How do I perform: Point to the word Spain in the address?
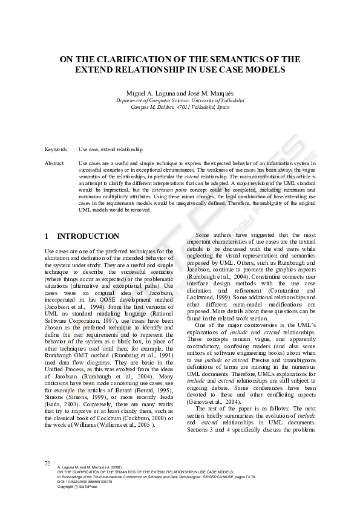point(221,107)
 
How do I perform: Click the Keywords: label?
point(57,149)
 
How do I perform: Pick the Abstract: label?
point(55,164)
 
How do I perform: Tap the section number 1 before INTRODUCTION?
point(47,236)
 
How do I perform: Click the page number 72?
point(47,462)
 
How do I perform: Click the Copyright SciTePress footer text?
point(79,487)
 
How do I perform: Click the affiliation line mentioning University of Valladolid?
point(180,100)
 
